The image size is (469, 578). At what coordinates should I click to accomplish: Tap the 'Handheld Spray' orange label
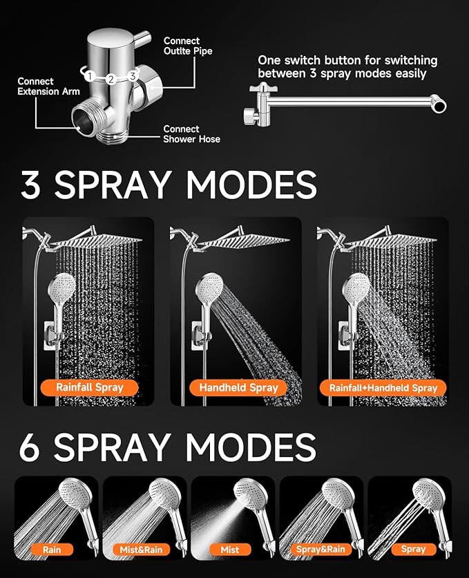pyautogui.click(x=238, y=387)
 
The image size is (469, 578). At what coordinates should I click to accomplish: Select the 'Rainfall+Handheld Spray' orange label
pyautogui.click(x=383, y=387)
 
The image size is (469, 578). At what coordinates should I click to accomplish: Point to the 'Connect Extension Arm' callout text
pyautogui.click(x=48, y=86)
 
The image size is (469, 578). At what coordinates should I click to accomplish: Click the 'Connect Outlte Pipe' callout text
pyautogui.click(x=188, y=46)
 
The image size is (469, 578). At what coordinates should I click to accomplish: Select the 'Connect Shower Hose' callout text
pyautogui.click(x=191, y=134)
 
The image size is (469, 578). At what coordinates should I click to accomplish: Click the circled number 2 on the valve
pyautogui.click(x=110, y=80)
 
